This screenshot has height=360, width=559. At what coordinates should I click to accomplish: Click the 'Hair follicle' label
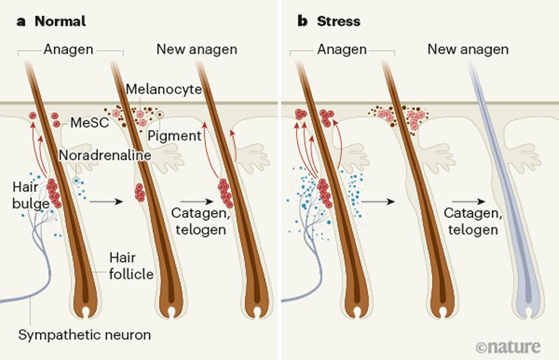click(132, 265)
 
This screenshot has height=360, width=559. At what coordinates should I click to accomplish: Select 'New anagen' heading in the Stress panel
click(467, 50)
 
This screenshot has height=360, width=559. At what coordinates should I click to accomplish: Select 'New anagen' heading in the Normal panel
click(195, 50)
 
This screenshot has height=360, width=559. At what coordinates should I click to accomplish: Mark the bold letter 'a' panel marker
click(22, 21)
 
